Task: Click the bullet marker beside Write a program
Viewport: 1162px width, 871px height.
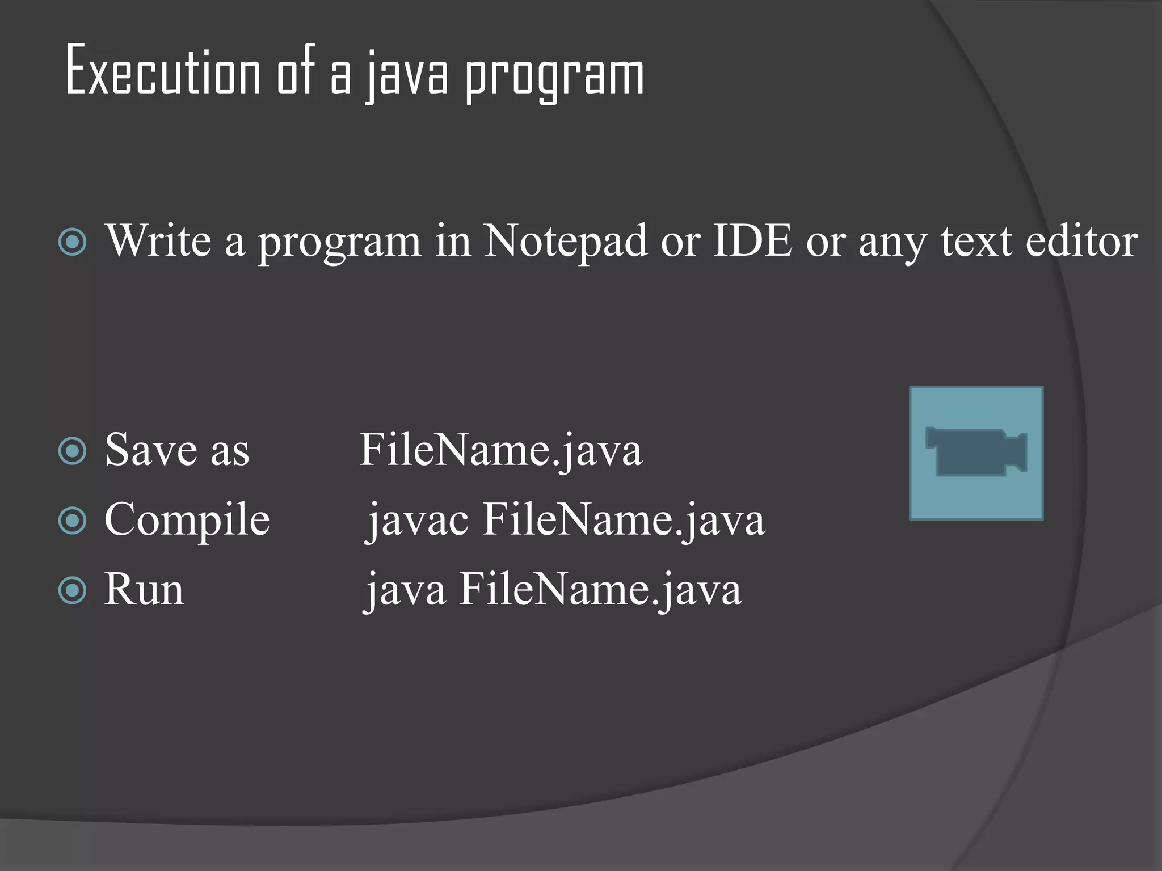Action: click(73, 242)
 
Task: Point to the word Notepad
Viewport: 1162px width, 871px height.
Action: click(565, 241)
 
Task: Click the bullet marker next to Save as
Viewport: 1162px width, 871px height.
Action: click(73, 451)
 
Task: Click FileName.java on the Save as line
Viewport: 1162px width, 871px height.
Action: click(500, 451)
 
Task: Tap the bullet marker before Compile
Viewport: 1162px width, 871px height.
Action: click(73, 521)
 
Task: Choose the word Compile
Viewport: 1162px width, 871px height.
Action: click(187, 521)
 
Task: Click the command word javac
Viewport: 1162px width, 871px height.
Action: click(418, 521)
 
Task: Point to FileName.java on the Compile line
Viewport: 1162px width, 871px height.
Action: click(624, 519)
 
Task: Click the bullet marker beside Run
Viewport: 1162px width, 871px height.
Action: click(73, 590)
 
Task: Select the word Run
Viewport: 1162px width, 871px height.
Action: click(144, 590)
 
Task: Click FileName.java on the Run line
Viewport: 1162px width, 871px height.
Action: click(600, 590)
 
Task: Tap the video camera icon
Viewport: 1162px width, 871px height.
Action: click(976, 453)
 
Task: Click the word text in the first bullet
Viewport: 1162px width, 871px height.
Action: click(976, 241)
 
